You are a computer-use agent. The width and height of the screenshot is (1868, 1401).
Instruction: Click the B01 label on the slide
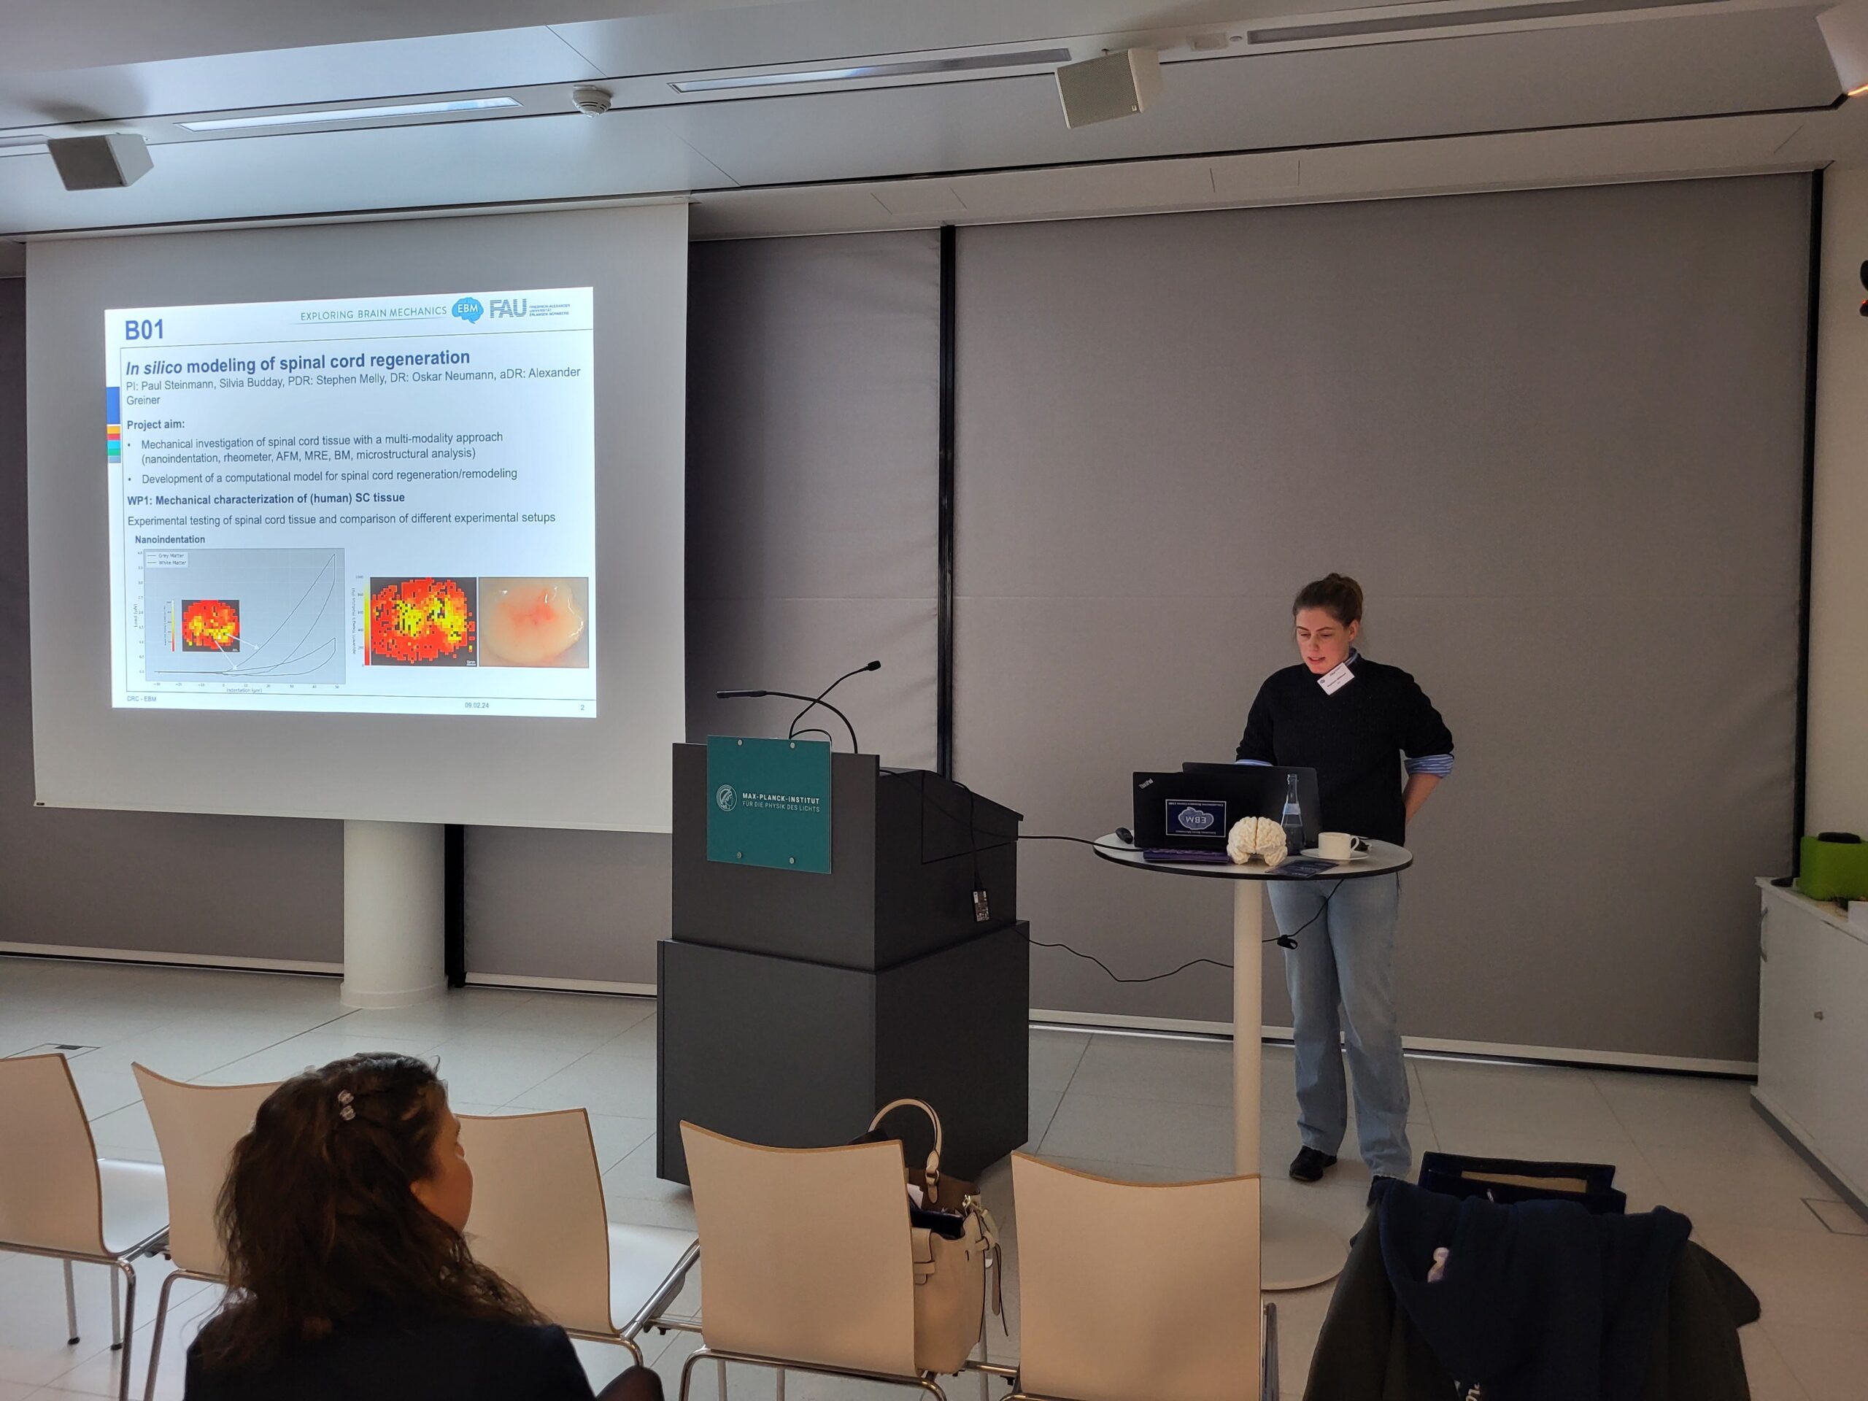144,329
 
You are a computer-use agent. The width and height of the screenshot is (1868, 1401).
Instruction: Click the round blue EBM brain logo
467,310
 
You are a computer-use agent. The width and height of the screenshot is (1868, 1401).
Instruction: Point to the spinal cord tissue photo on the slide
533,622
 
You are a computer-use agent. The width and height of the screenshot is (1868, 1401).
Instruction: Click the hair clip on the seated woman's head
345,1104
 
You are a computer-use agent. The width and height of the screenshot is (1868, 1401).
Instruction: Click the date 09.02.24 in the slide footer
476,704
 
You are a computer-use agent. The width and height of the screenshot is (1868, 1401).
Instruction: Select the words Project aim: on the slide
155,424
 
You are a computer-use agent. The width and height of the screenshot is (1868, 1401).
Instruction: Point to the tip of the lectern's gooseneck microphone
873,665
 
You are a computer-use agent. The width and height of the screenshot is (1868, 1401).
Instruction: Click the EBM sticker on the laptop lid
1195,817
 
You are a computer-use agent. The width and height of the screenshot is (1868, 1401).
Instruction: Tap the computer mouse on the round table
1123,834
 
